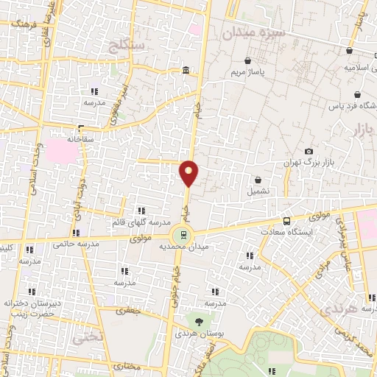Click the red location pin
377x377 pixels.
tap(189, 172)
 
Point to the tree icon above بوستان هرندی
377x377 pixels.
tap(198, 320)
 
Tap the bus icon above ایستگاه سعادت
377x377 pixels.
tap(286, 220)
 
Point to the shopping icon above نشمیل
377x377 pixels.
tap(258, 180)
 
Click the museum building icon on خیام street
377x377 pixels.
tap(184, 71)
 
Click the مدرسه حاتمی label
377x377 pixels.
tap(79, 244)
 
